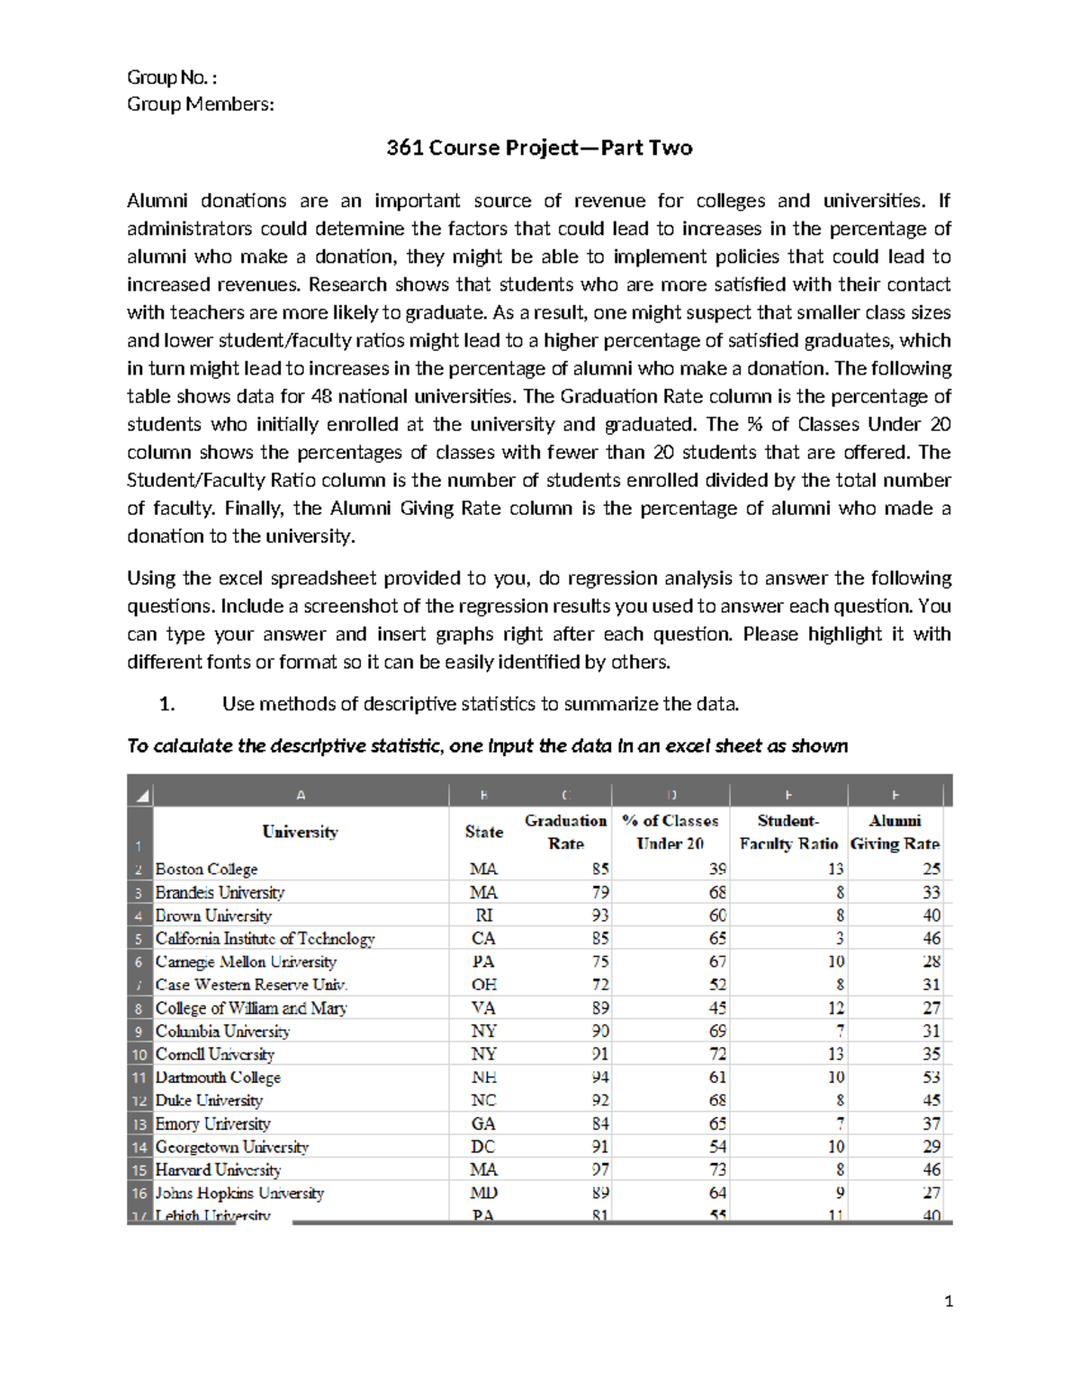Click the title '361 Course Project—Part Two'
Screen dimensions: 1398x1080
coord(539,148)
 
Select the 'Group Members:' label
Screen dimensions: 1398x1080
coord(200,104)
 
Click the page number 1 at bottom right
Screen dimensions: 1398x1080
coord(948,1301)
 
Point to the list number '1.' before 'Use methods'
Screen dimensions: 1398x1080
coord(166,704)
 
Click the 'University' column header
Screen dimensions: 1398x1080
coord(300,832)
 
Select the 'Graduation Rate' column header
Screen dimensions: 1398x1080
coord(565,832)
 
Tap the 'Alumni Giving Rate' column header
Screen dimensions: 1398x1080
coord(895,832)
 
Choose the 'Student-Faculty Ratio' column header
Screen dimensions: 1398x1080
coord(788,832)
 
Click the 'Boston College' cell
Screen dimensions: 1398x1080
coord(206,870)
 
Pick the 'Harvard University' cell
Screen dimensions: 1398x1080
coord(218,1170)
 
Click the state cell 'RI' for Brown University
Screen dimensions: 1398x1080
coord(483,915)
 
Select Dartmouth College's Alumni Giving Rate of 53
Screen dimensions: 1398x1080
coord(931,1078)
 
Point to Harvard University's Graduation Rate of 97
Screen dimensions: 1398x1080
coord(599,1170)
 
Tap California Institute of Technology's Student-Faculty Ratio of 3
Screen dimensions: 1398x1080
coord(838,939)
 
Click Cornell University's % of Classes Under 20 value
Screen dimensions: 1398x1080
coord(716,1054)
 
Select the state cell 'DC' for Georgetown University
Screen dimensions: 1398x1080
coord(483,1147)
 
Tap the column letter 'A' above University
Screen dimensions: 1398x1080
coord(301,795)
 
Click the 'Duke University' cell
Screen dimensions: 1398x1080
coord(209,1101)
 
